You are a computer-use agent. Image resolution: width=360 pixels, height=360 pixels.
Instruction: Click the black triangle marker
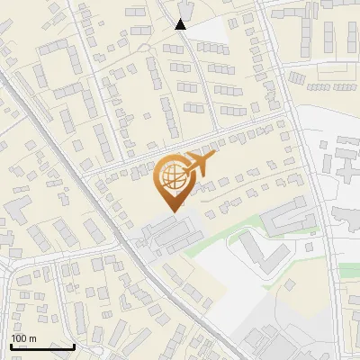(181, 24)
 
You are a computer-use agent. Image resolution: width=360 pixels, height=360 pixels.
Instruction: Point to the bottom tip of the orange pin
(172, 211)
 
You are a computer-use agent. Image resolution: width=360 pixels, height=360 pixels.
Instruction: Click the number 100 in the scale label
(20, 338)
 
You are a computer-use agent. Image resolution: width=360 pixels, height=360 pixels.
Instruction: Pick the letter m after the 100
(32, 338)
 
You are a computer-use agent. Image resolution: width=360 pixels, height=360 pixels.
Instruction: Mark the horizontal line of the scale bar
(42, 346)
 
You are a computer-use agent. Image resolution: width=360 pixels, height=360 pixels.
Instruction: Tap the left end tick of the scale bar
(11, 345)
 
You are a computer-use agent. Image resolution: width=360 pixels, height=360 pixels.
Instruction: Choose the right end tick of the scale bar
(74, 345)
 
